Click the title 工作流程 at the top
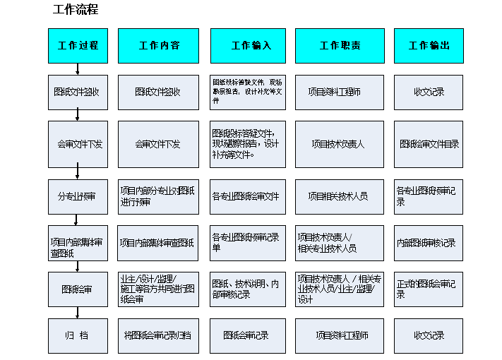coord(76,10)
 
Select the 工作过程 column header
coord(78,45)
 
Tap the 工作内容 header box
coord(159,45)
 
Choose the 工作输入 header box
coord(248,45)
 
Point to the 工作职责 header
coord(339,45)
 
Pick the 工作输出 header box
coord(428,45)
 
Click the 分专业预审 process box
coord(78,196)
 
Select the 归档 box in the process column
coord(78,335)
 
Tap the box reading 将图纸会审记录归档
coord(159,335)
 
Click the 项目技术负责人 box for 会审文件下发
coord(339,143)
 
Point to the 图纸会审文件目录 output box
coord(428,143)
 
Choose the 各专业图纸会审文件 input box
coord(248,196)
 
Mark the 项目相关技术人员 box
coord(339,196)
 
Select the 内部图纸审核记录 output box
coord(428,243)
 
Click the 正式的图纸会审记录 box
coord(428,289)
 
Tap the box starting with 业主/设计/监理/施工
coord(159,289)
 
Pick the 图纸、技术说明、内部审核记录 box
coord(248,289)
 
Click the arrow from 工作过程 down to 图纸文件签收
coord(77,68)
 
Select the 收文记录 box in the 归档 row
coord(428,335)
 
